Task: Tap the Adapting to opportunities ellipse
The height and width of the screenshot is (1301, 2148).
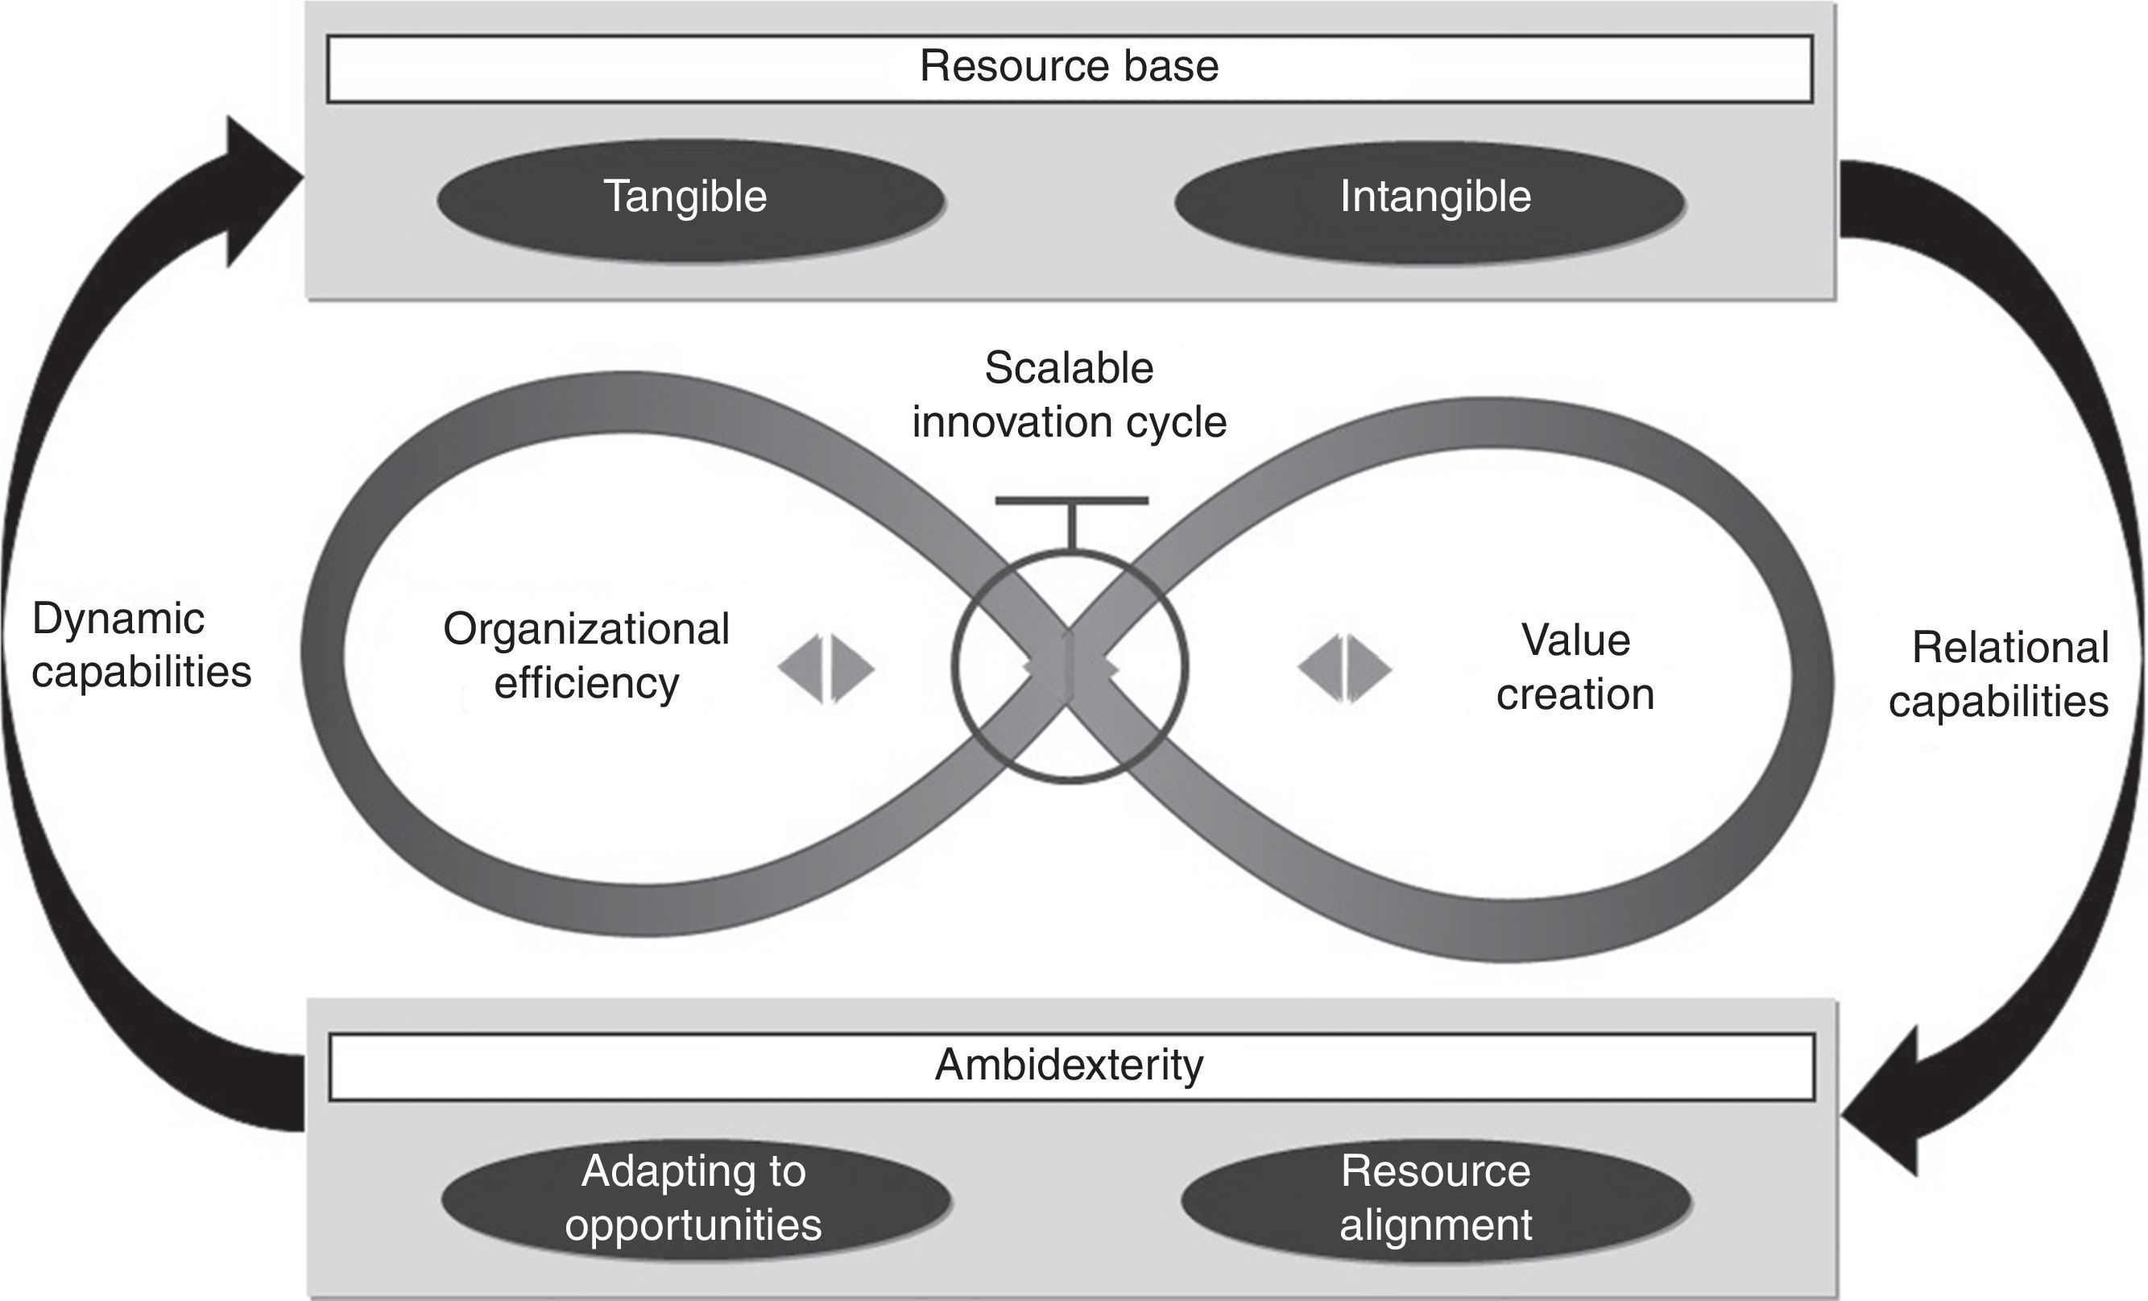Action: coord(695,1197)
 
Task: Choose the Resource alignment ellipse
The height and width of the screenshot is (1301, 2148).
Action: coord(1436,1197)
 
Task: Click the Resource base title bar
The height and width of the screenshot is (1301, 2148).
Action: coord(1070,68)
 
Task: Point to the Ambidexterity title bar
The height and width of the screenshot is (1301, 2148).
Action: coord(1070,1066)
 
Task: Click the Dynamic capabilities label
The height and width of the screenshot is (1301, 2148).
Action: coord(141,645)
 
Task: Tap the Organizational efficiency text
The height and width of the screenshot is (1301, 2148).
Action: coord(586,655)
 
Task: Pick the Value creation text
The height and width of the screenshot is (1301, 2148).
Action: coord(1575,667)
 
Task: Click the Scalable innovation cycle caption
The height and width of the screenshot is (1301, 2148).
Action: coord(1069,395)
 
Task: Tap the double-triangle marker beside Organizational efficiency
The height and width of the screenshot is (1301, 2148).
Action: coord(826,669)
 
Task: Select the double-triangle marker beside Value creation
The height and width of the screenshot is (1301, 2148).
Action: coord(1345,669)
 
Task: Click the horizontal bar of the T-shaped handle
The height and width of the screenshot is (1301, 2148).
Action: coord(1071,501)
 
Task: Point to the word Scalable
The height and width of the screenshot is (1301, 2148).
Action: coord(1069,369)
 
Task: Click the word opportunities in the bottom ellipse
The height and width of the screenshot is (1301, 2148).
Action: coord(693,1224)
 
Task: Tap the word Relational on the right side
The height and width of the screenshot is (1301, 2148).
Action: coord(2010,648)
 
